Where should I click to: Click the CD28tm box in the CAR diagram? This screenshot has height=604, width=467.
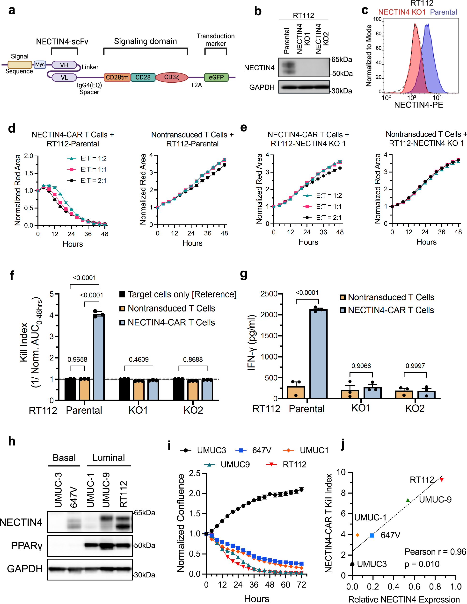coord(117,77)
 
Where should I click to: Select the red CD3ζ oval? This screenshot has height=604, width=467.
coord(172,77)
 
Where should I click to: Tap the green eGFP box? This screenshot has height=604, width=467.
coord(216,77)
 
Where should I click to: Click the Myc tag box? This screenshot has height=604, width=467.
coord(40,65)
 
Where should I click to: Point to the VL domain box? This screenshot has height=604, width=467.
coord(64,78)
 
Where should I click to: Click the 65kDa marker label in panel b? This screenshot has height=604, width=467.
coord(342,59)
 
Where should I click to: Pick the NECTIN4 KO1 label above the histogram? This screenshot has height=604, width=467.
coord(402,12)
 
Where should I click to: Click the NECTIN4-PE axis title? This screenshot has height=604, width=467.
coord(418,105)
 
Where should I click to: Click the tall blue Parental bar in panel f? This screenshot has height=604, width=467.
coord(99,357)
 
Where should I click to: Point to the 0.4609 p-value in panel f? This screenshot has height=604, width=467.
coord(139,360)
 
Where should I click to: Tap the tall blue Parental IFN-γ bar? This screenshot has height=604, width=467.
coord(318,354)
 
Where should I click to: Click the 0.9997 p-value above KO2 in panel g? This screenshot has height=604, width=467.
coord(415,366)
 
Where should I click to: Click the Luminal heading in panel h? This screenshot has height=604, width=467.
coord(109,458)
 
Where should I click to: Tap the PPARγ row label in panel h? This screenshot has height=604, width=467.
coord(27,546)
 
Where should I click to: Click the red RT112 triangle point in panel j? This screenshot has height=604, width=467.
coord(442,480)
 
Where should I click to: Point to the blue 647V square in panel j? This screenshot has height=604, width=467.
coord(372,535)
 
